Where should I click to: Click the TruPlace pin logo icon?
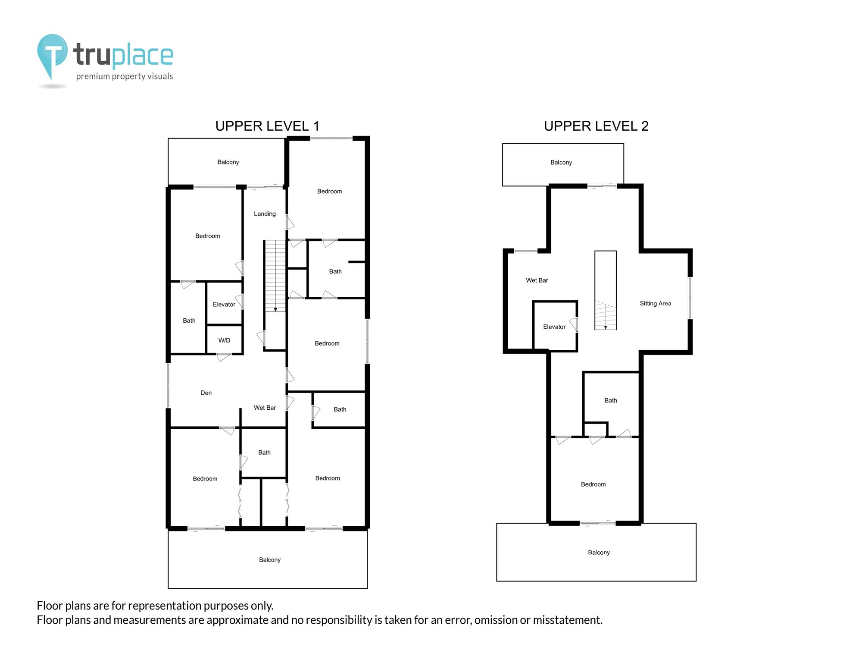coord(52,57)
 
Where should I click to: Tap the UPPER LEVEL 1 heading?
coord(267,126)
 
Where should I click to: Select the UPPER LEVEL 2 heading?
coord(596,126)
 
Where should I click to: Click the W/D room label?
coord(224,340)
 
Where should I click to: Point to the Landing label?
coord(265,214)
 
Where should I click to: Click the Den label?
coord(206,393)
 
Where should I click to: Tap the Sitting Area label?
coord(656,304)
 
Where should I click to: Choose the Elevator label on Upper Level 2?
coord(554,327)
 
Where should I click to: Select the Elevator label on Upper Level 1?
coord(224,305)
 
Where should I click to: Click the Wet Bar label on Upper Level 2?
coord(537,280)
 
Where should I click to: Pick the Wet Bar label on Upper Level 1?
coord(265,408)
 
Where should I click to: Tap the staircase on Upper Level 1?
coord(275,276)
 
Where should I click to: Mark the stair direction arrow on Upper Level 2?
coord(606,317)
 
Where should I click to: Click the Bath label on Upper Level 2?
coord(611,401)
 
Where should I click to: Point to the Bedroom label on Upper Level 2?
coord(593,484)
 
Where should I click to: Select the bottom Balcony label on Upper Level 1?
coord(270,560)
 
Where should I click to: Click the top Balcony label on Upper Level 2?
coord(561,163)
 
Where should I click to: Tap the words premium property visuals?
coord(125,77)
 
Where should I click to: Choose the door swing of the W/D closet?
coord(224,357)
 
